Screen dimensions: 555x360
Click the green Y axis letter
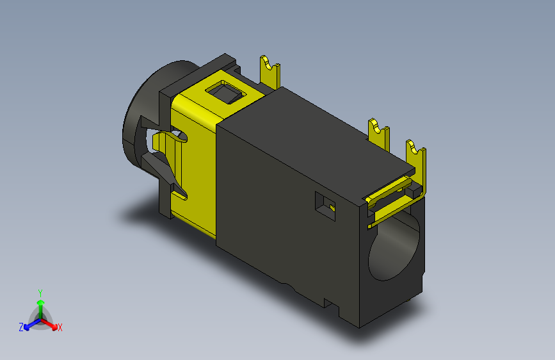click(x=40, y=293)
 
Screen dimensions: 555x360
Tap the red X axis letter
click(x=60, y=328)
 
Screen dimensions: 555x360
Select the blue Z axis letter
click(x=21, y=327)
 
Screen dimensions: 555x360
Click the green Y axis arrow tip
click(x=41, y=302)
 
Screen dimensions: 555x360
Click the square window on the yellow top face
click(x=226, y=92)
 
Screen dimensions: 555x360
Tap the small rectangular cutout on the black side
click(x=325, y=206)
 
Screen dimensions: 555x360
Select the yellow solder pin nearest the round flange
click(x=269, y=72)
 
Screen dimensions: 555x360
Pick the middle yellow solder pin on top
click(x=379, y=135)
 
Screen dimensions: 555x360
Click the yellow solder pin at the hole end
click(x=417, y=163)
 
